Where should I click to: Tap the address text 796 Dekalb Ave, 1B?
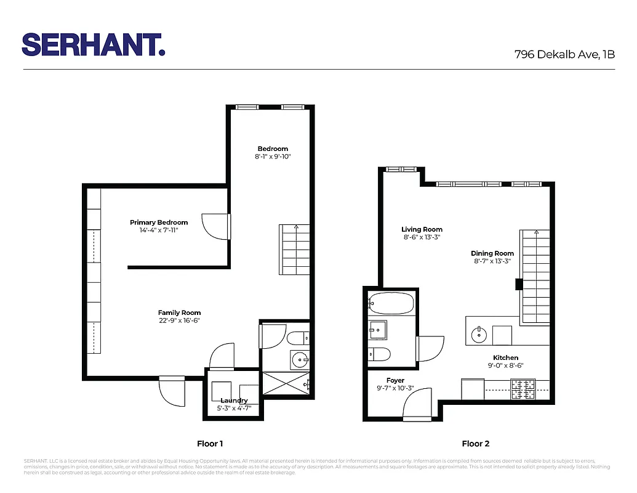[564, 54]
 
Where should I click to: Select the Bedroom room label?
[273, 149]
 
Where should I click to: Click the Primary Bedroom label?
[159, 222]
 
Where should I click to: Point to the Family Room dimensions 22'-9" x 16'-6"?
[179, 320]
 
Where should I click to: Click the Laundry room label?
[234, 401]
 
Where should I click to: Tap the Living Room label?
[422, 230]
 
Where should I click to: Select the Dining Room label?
[492, 253]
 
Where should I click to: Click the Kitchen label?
[505, 357]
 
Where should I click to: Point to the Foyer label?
[395, 381]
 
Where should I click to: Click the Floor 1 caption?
[210, 443]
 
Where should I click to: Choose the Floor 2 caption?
[476, 443]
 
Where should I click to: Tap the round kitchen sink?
[479, 336]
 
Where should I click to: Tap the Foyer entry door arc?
[419, 406]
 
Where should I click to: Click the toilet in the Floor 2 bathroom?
[379, 354]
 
